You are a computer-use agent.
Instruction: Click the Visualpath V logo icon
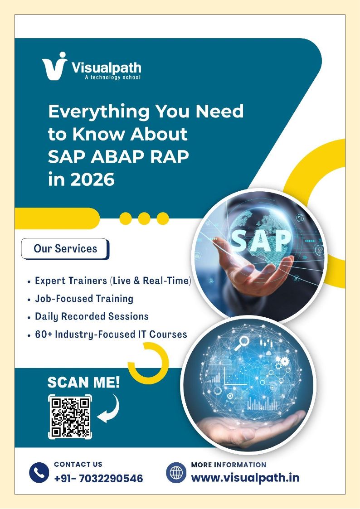coord(54,66)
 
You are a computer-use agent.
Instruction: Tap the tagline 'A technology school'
coord(112,77)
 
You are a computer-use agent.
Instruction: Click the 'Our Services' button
coord(65,249)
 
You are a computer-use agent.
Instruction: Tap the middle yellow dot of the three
coord(144,218)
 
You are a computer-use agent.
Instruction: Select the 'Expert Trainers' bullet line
coord(109,281)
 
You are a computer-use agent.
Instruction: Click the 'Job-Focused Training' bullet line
coord(81,299)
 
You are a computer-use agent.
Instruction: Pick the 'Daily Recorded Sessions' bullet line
coord(88,316)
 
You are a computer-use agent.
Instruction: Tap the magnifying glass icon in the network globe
coord(242,343)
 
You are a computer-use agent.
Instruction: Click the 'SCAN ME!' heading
coord(84,383)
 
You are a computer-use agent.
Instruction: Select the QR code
coord(70,417)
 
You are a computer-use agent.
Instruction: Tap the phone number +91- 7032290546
coord(98,479)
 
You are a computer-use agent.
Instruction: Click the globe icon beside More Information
coord(176,473)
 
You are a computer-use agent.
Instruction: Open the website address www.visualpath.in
coord(245,478)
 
